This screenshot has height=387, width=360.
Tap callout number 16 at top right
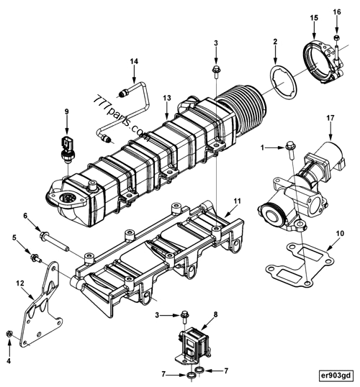pos(336,13)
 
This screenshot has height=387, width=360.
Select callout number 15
pos(313,17)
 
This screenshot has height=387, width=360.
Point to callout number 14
pos(133,61)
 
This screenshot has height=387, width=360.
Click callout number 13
pos(166,98)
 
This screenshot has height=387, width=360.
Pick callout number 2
pos(274,43)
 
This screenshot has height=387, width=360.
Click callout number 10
pos(340,233)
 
